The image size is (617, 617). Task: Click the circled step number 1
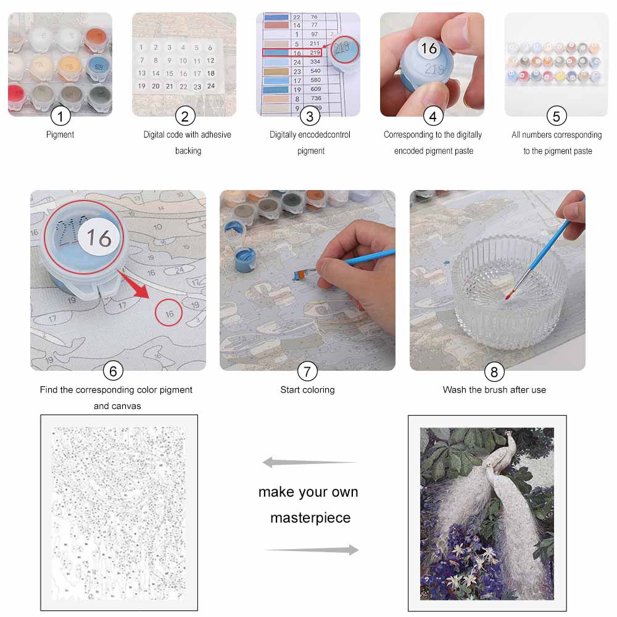60,116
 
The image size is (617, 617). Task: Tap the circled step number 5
556,116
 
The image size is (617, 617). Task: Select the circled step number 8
494,371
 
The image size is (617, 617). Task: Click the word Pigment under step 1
60,135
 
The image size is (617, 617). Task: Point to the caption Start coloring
307,390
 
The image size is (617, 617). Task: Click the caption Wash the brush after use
494,390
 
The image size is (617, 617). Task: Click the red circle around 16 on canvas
169,313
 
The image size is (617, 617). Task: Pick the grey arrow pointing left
308,462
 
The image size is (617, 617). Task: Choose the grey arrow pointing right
312,550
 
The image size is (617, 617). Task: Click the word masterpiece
310,518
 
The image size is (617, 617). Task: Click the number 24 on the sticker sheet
210,86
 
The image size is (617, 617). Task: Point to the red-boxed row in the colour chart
292,53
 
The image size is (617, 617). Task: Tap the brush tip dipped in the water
508,296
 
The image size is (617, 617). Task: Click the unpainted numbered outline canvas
119,512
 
